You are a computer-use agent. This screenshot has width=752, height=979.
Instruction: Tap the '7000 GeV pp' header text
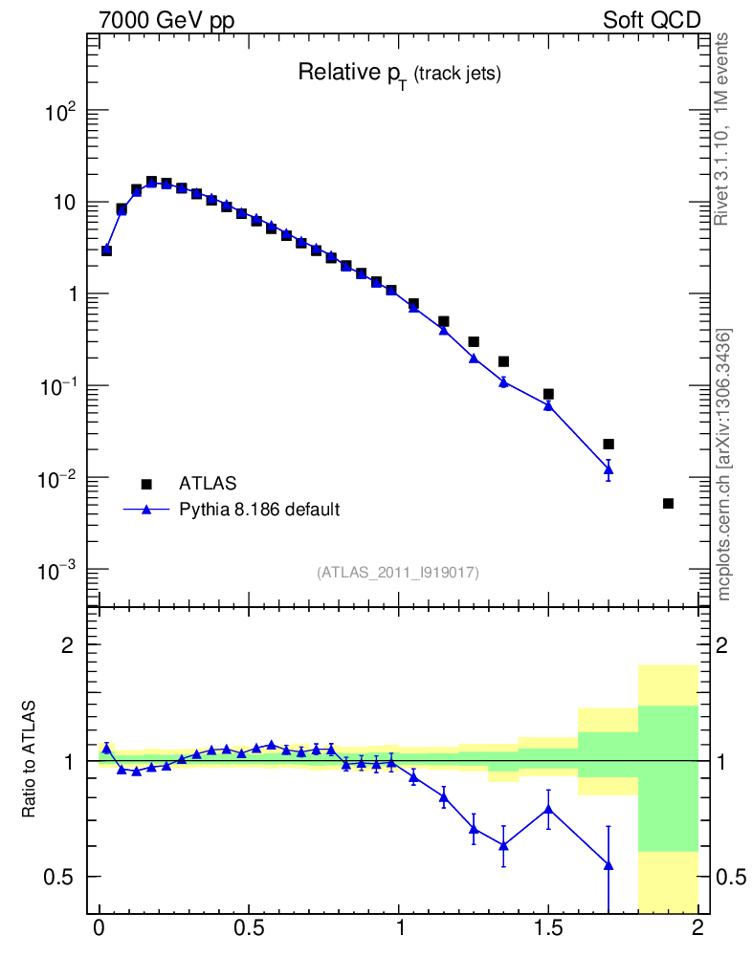[166, 19]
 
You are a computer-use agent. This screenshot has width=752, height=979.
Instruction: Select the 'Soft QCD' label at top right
[652, 19]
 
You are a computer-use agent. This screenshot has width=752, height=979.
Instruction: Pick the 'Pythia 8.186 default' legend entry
[259, 510]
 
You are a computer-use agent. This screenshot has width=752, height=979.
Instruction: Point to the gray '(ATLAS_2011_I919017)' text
[398, 572]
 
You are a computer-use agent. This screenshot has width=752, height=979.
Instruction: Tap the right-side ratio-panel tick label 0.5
[731, 877]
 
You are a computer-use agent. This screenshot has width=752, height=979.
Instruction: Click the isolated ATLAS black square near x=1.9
[668, 504]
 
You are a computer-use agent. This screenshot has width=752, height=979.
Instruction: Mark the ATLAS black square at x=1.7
[608, 445]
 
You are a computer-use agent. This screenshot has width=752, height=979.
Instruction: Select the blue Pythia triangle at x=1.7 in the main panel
[608, 468]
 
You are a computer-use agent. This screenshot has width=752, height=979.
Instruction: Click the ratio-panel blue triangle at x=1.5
[548, 809]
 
